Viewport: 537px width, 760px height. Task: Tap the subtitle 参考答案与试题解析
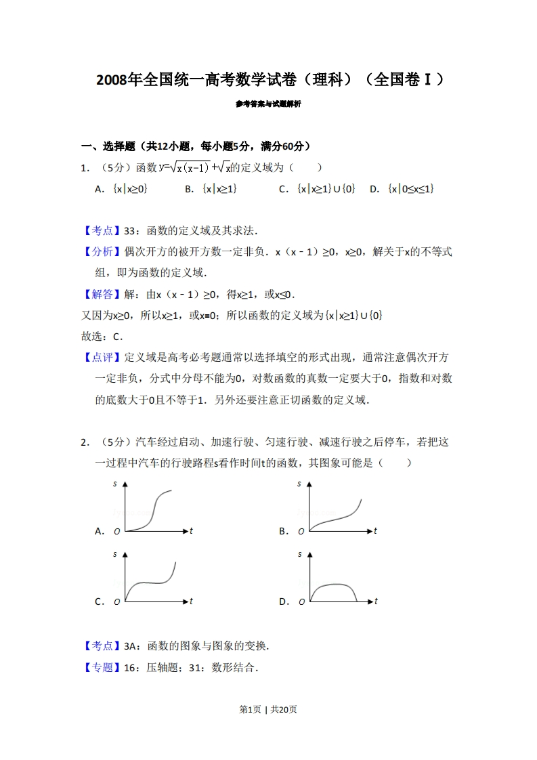point(268,104)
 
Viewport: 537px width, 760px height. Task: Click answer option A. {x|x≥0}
point(122,189)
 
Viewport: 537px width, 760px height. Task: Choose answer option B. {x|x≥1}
point(211,189)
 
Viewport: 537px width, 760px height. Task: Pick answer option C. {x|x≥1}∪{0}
point(317,189)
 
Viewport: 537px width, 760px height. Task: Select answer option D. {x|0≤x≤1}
point(402,189)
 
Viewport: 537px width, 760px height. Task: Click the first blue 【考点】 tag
point(98,230)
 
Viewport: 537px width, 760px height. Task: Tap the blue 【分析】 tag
point(98,251)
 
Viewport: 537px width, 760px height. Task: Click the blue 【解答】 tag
point(98,294)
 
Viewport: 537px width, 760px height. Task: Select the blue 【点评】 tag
point(98,357)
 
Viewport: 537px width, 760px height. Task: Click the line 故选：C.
point(102,336)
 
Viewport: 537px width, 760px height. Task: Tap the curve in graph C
point(152,581)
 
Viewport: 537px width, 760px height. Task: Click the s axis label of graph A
point(115,484)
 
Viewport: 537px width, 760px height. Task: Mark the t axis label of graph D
point(376,601)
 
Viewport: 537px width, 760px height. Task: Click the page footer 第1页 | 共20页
point(268,709)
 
